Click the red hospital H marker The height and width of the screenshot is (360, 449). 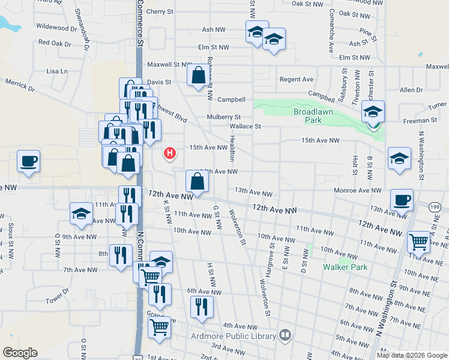(x=170, y=154)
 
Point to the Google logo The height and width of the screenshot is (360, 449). (x=20, y=353)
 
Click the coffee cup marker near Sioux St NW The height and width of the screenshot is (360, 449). (x=29, y=161)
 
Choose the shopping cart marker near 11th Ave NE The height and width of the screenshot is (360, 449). (x=418, y=242)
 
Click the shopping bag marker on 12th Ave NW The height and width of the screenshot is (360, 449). (x=197, y=181)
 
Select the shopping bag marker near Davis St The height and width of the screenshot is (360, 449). (x=197, y=76)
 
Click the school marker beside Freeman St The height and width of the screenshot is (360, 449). (x=373, y=112)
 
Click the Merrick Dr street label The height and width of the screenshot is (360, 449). (x=20, y=85)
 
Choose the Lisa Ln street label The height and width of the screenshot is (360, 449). (x=57, y=71)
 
